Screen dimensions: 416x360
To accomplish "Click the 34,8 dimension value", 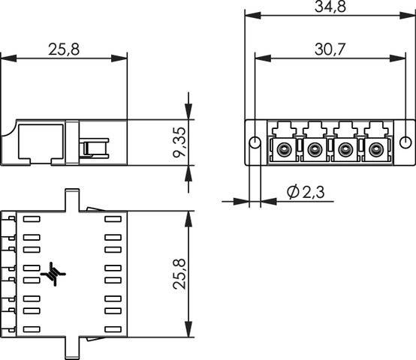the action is point(330,7).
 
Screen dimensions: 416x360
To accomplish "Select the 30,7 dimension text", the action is point(330,49).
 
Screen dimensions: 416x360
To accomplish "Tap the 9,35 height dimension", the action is point(179,142).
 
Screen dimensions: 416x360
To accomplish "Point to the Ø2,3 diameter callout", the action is point(306,192).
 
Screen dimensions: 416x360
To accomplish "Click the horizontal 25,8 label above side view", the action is point(64,49).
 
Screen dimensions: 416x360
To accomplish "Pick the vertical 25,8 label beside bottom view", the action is point(179,274).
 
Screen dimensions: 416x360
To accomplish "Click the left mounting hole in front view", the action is point(255,142).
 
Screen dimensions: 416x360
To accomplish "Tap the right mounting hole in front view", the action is point(405,142).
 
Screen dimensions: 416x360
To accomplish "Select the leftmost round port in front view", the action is point(283,149).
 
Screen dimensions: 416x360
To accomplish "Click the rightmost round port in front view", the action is point(375,149).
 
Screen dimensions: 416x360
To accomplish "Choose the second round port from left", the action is point(314,149).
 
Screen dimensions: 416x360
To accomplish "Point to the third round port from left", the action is point(345,149).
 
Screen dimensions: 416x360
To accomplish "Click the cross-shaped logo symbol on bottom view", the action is point(53,274).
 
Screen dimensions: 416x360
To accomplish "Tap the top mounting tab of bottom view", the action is point(72,200).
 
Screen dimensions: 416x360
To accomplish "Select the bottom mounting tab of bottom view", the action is point(72,348).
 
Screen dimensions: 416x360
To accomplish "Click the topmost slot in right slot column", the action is point(113,219).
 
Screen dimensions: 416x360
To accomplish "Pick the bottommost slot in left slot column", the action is point(32,329).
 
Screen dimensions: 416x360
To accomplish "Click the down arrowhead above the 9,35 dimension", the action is point(188,111).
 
